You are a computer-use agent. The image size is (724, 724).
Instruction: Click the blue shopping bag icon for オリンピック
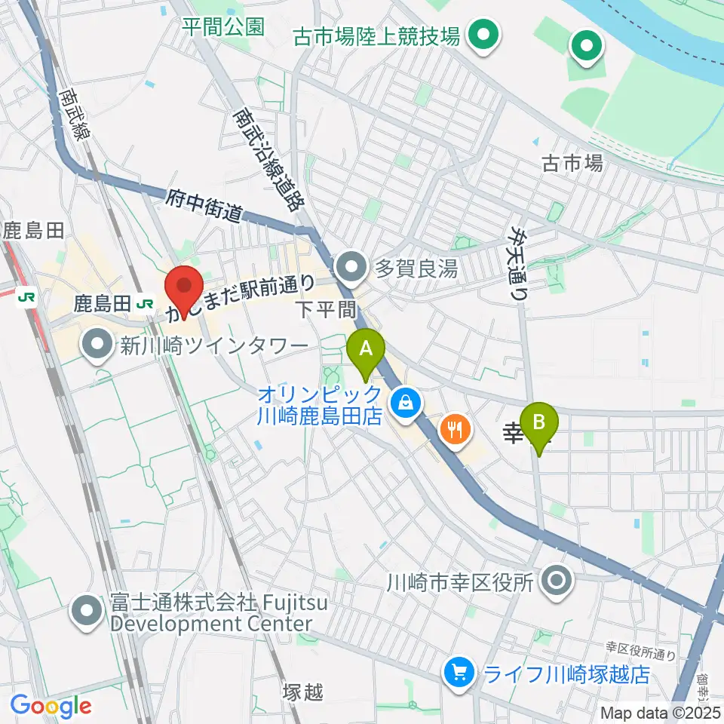(x=406, y=403)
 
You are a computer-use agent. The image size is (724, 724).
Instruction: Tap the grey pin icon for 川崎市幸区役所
(x=558, y=581)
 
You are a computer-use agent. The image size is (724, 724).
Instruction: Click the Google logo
(x=51, y=706)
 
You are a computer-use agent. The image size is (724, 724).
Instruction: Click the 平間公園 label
(x=224, y=26)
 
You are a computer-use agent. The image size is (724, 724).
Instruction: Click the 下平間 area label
(x=326, y=308)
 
